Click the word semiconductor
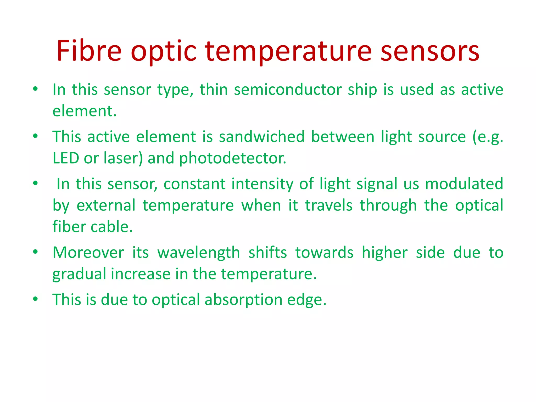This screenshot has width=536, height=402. click(288, 90)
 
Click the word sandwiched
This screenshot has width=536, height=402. click(262, 137)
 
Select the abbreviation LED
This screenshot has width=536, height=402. click(66, 158)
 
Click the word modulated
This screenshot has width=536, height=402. click(464, 184)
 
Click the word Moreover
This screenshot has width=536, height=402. click(88, 253)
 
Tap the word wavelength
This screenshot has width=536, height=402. click(199, 253)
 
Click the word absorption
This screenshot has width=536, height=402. click(243, 300)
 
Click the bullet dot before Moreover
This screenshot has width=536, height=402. click(36, 252)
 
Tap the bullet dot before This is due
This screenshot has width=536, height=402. click(36, 299)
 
